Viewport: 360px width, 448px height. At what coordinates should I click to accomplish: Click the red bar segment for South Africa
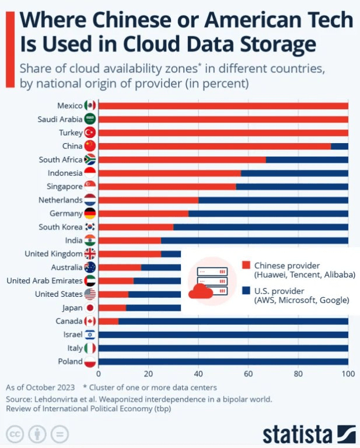coord(182,159)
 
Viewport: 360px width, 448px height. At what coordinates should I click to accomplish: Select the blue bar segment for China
coord(339,146)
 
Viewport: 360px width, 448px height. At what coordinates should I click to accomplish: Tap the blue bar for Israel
coord(223,335)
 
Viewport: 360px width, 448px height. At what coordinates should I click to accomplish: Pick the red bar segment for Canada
coord(109,321)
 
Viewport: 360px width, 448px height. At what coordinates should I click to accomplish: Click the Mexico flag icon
coord(90,106)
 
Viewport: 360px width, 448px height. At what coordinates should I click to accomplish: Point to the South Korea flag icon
coord(90,227)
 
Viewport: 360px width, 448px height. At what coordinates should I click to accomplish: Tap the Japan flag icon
coord(90,308)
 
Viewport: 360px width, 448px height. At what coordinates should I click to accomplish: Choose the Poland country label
coord(70,362)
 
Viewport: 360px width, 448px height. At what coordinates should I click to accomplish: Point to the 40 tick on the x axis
coord(198,374)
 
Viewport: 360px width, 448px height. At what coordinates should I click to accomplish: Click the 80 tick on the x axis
coord(298,374)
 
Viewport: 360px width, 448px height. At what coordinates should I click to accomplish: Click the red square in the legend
coord(246,265)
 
